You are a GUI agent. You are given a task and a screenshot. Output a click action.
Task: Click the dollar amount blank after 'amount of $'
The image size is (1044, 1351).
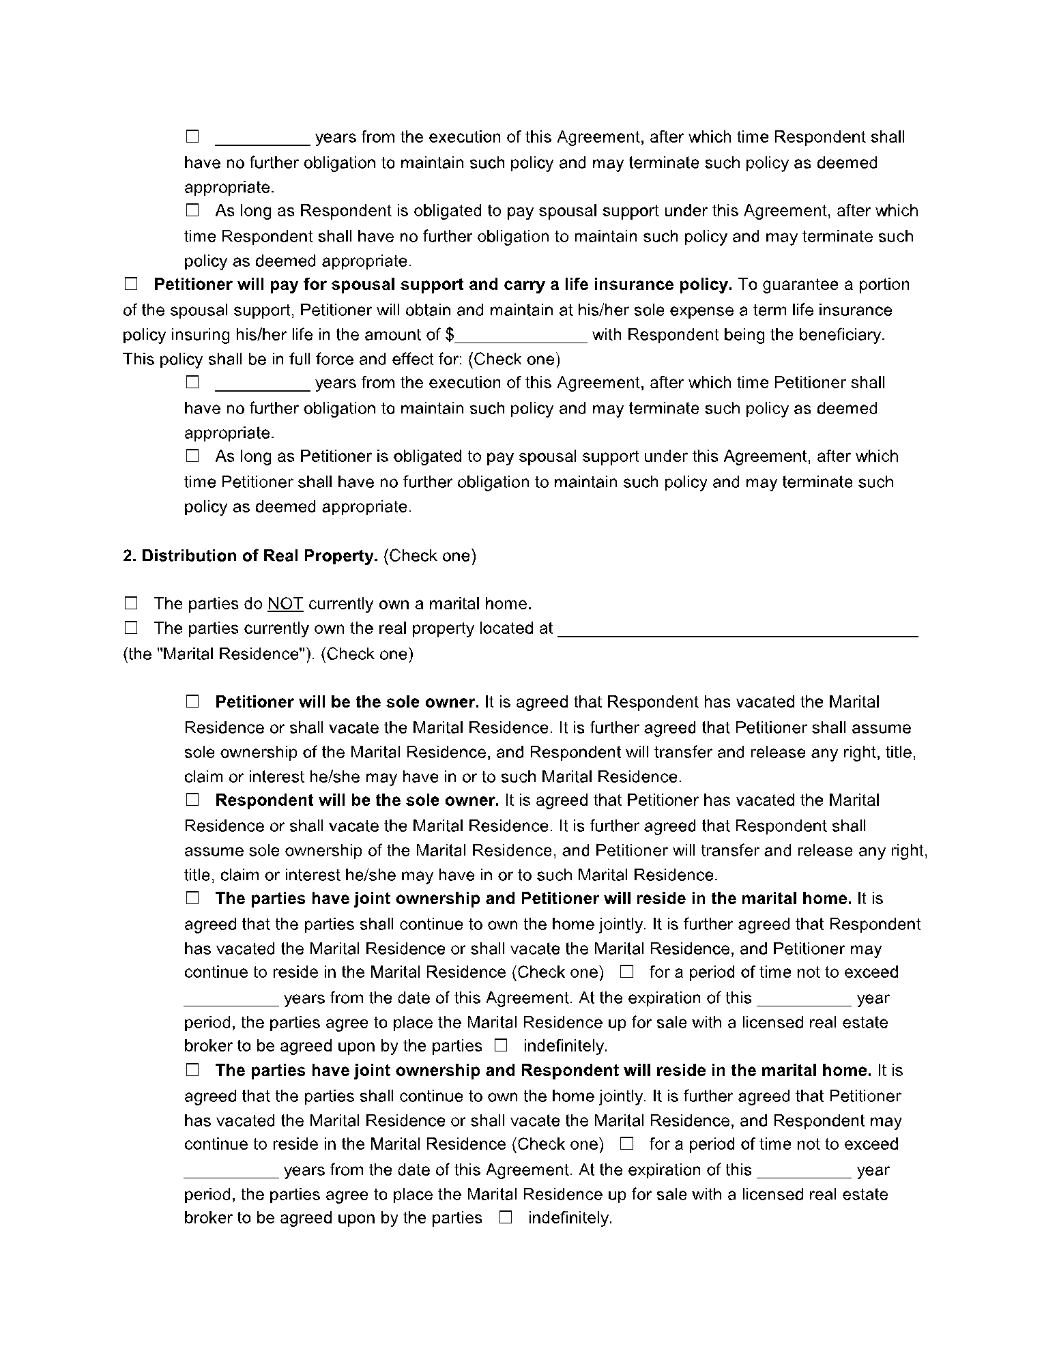coord(521,336)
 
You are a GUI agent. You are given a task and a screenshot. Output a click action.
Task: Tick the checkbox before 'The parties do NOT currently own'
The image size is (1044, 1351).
coord(131,602)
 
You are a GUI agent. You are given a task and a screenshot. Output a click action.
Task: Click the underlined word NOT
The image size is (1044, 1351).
coord(285,604)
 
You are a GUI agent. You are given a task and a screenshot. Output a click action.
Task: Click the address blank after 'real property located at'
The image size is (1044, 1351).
coord(738,629)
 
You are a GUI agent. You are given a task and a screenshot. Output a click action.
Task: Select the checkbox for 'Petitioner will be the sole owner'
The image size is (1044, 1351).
coord(192,701)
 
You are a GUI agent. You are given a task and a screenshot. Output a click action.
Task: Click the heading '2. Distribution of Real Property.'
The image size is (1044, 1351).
coord(250,555)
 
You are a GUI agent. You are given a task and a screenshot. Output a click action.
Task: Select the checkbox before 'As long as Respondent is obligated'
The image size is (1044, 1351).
coord(192,210)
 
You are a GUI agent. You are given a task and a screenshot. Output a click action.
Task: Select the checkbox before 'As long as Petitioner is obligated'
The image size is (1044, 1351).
coord(192,455)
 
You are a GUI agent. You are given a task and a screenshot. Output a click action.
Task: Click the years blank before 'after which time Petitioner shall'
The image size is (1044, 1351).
coord(263,383)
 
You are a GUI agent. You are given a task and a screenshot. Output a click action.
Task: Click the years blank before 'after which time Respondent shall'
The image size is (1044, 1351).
coord(263,138)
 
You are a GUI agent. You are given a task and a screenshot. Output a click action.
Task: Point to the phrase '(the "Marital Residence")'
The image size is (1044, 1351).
coord(219,654)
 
